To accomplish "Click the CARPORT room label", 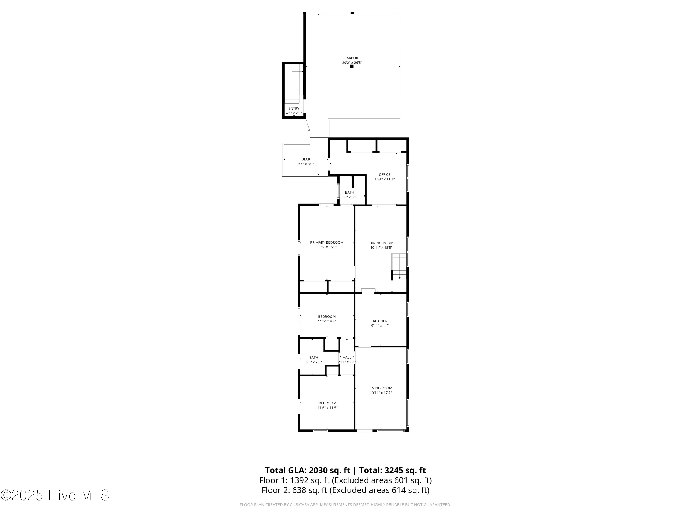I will (x=352, y=58).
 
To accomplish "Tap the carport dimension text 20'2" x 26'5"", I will (x=352, y=63).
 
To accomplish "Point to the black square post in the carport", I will (x=352, y=66).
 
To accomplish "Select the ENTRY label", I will (x=294, y=109).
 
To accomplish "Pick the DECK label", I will (x=305, y=159).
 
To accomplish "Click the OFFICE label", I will (x=385, y=175).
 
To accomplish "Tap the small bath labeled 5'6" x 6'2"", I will (x=350, y=195).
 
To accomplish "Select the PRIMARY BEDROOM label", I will (x=327, y=242).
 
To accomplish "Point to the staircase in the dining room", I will (x=399, y=266).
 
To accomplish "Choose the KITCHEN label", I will (x=380, y=321).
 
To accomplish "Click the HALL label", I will (x=347, y=358).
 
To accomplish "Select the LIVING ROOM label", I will (x=381, y=388).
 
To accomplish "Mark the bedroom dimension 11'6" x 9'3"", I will (x=327, y=321).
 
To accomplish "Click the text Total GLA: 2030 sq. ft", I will (x=307, y=471).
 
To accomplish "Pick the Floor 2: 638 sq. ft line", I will (x=345, y=490).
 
